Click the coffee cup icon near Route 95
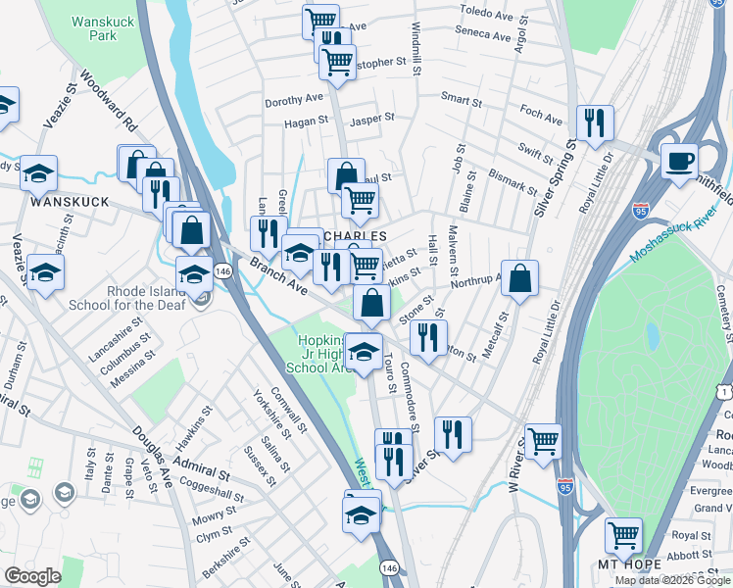[x=678, y=160]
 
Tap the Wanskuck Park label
[x=95, y=27]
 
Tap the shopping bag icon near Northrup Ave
[x=519, y=277]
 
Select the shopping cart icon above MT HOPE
[x=623, y=535]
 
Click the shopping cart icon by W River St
[x=543, y=440]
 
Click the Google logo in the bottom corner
[x=32, y=576]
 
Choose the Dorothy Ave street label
[x=293, y=100]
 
